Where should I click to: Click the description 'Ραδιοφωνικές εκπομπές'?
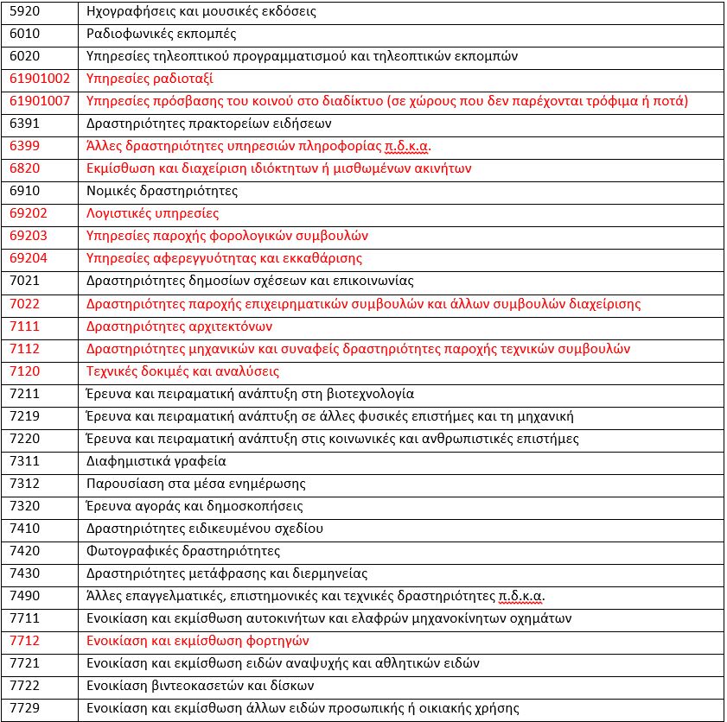[x=162, y=34]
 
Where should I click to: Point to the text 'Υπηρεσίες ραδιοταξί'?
[x=150, y=79]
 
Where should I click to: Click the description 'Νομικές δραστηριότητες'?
[x=163, y=191]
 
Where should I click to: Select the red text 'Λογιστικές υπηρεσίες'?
[x=153, y=213]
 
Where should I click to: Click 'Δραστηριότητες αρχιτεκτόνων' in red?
[x=180, y=326]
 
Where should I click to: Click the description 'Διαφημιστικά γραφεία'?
[x=156, y=461]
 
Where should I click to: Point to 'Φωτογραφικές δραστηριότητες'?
[x=183, y=551]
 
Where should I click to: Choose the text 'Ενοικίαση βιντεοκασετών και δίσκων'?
[x=200, y=686]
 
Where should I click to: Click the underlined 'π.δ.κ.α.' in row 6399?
[x=405, y=146]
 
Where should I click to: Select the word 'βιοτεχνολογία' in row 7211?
[x=373, y=394]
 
